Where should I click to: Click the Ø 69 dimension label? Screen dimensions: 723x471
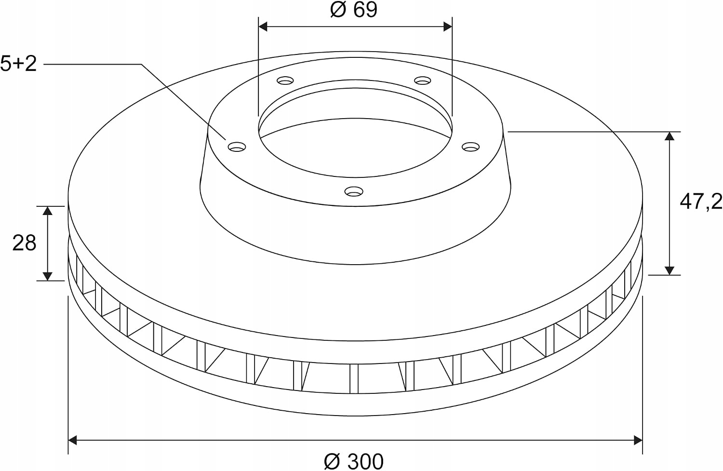point(354,10)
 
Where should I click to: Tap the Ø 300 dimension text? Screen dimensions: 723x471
point(354,461)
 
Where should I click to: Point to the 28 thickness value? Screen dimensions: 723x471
point(24,243)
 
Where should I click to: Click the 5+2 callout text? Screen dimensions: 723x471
point(18,64)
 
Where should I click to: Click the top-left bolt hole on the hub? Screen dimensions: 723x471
point(285,81)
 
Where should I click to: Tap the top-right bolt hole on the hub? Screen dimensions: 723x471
point(423,81)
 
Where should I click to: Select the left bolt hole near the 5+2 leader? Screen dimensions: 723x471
point(237,147)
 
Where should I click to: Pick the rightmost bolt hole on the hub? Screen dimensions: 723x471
point(470,147)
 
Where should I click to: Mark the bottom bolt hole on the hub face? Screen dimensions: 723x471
point(354,191)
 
